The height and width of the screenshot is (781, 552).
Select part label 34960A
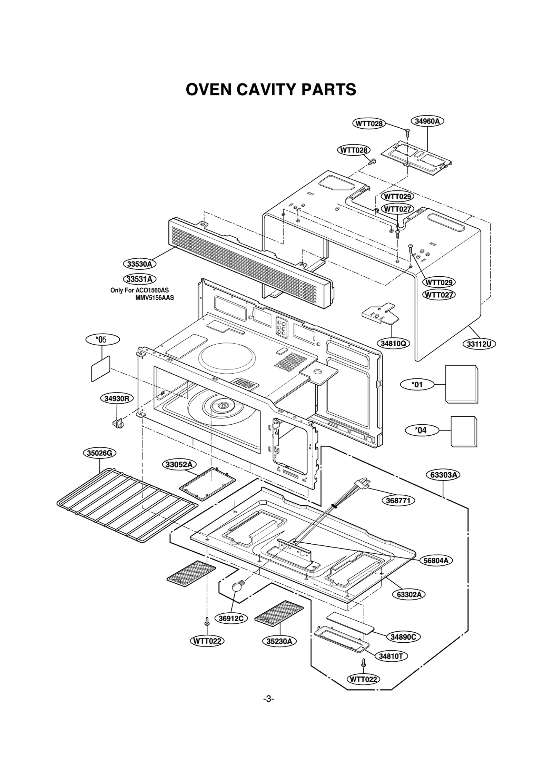coord(427,121)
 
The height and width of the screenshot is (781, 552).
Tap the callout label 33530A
coord(139,264)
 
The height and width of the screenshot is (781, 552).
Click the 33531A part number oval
coord(139,279)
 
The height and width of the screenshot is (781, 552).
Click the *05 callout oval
coord(102,339)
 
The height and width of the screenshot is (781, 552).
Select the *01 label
coord(417,384)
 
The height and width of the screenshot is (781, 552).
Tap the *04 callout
coord(422,430)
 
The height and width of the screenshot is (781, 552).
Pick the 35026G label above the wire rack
coord(99,453)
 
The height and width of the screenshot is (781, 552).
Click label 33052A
coord(179,465)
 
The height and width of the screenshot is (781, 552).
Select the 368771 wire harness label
coord(398,500)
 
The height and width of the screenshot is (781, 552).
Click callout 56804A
coord(436,561)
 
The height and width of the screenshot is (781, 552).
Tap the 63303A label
coord(445,475)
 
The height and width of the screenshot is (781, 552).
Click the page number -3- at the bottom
coord(269,699)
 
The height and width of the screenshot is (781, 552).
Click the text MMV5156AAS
coord(155,298)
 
